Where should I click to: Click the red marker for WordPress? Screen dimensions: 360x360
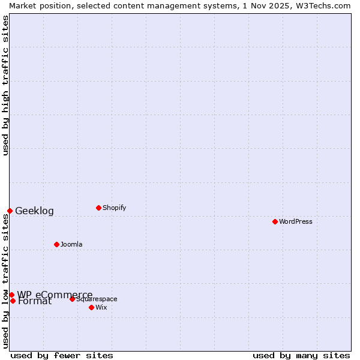(x=275, y=221)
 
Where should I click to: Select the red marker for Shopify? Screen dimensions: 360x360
(x=98, y=208)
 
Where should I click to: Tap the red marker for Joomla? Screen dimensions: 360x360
(x=56, y=244)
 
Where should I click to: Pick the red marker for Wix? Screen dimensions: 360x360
(x=91, y=307)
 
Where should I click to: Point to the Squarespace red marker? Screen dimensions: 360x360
(x=72, y=299)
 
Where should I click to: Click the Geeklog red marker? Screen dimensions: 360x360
(x=10, y=211)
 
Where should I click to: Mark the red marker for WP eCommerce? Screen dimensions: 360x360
(x=11, y=295)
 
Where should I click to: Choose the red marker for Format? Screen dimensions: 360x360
(x=13, y=301)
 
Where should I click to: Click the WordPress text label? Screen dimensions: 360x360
(x=296, y=221)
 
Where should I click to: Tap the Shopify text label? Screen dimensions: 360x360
(x=114, y=208)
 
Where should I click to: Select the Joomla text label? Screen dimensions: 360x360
(x=71, y=244)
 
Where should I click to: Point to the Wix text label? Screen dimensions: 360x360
(x=101, y=307)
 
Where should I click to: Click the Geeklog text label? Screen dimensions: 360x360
(x=34, y=211)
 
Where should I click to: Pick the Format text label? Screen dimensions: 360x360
(x=35, y=301)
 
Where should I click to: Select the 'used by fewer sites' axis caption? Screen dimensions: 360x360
(x=62, y=355)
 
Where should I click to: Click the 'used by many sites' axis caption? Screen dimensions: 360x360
(x=301, y=355)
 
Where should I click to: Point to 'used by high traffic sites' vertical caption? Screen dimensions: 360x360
(x=5, y=85)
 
